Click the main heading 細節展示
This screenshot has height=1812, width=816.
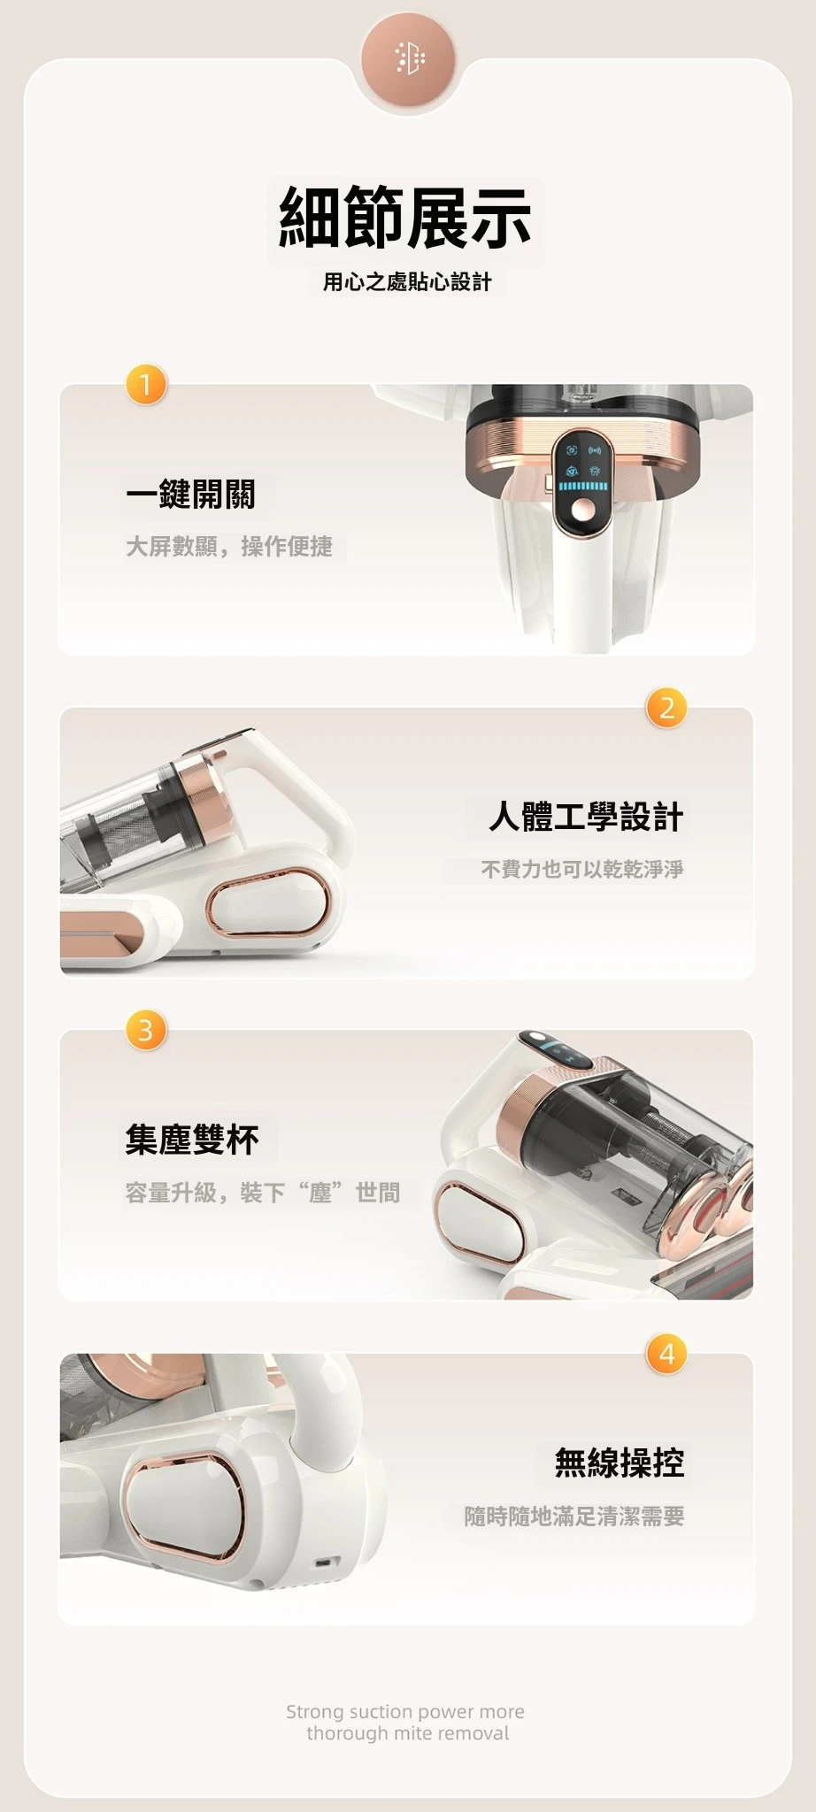click(405, 219)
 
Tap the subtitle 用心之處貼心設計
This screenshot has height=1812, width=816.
click(407, 282)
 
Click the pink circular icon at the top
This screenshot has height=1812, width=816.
click(408, 58)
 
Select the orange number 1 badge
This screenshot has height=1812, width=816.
click(146, 384)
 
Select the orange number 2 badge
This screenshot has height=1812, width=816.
click(667, 707)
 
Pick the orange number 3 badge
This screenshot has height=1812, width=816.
click(146, 1030)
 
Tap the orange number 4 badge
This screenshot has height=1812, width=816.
click(667, 1354)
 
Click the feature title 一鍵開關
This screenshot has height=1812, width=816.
click(190, 495)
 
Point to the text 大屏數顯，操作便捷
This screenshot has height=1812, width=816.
click(229, 547)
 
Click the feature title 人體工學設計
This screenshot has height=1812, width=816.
click(586, 817)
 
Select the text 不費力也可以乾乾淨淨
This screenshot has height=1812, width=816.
click(582, 870)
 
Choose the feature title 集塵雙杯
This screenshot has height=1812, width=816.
click(192, 1140)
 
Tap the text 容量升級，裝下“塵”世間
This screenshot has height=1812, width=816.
click(263, 1193)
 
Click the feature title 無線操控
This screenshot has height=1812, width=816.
click(620, 1463)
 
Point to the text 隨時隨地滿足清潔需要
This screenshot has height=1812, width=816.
click(574, 1516)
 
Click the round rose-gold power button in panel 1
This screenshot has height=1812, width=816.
click(583, 511)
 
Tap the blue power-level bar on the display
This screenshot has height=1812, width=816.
click(583, 487)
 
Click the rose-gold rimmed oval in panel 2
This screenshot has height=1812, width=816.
click(268, 903)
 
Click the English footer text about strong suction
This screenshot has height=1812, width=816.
click(406, 1722)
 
